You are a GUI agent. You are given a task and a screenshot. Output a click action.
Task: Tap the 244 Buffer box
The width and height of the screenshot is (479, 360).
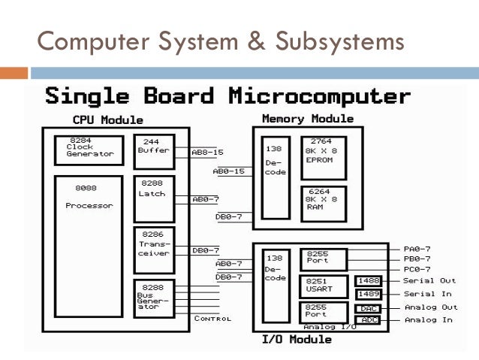point(154,151)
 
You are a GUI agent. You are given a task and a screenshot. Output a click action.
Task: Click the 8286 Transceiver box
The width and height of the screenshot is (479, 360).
point(154,248)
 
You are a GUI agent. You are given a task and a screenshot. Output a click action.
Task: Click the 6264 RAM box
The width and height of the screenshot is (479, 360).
point(323,203)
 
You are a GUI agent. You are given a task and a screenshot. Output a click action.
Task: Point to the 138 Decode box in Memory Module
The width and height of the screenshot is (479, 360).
point(275,177)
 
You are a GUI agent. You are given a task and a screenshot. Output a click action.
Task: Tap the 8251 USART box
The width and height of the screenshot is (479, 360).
point(323,286)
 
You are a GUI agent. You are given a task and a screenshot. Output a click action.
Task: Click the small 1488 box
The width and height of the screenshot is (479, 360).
point(368,280)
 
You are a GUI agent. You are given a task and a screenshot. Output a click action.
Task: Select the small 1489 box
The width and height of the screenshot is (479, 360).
point(368,294)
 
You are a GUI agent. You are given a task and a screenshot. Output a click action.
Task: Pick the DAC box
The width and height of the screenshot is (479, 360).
point(368,308)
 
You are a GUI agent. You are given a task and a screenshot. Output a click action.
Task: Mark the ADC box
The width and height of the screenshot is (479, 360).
point(368,320)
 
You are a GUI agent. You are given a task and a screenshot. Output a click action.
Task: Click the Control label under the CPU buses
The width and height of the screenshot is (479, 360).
point(212,319)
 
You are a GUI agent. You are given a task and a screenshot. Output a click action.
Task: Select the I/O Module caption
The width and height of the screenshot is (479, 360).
point(297,340)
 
